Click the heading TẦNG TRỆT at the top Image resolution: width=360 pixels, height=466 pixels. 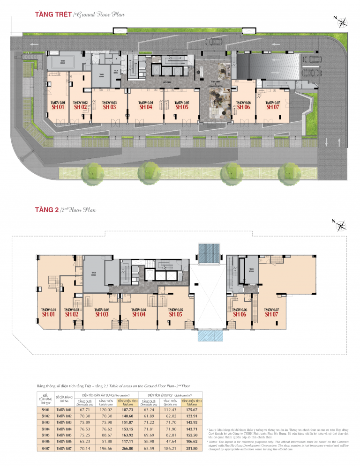(x=52, y=15)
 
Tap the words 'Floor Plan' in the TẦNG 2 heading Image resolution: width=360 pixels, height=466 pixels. (x=82, y=210)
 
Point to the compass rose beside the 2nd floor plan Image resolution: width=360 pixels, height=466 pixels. (x=342, y=224)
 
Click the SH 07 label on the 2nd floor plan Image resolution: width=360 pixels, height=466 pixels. (x=271, y=314)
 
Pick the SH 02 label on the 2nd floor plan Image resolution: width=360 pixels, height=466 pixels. (x=72, y=314)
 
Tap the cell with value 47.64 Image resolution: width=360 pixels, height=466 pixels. (x=170, y=442)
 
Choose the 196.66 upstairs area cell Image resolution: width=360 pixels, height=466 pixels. (x=106, y=448)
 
